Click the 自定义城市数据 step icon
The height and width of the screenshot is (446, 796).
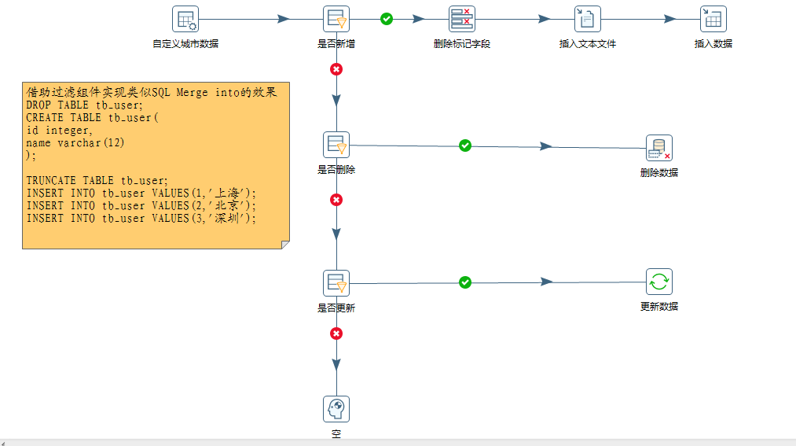tap(185, 19)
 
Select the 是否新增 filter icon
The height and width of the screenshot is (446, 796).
tap(336, 19)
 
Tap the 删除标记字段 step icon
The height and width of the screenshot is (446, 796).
tap(462, 19)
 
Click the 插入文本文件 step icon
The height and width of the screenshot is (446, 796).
tap(588, 19)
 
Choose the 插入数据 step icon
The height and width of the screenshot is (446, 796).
tap(713, 19)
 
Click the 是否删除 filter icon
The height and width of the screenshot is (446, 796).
tap(336, 145)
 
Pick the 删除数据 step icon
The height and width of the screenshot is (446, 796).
tap(658, 148)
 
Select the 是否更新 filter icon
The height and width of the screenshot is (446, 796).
tap(336, 283)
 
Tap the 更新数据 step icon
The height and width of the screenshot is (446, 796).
tap(658, 282)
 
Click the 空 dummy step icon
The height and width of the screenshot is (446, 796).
tap(336, 409)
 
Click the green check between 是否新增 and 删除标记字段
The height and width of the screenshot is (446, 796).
tap(387, 19)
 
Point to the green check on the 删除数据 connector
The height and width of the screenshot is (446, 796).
tap(465, 146)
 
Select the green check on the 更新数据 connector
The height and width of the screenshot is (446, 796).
tap(465, 282)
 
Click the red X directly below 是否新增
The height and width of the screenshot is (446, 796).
tap(336, 69)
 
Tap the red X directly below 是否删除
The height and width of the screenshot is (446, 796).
tap(336, 200)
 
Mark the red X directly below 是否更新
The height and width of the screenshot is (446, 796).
tap(336, 334)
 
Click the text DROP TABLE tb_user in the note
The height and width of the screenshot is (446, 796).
tap(84, 105)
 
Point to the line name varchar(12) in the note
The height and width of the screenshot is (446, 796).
tap(75, 143)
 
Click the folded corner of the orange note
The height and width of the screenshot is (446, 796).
tap(284, 245)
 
